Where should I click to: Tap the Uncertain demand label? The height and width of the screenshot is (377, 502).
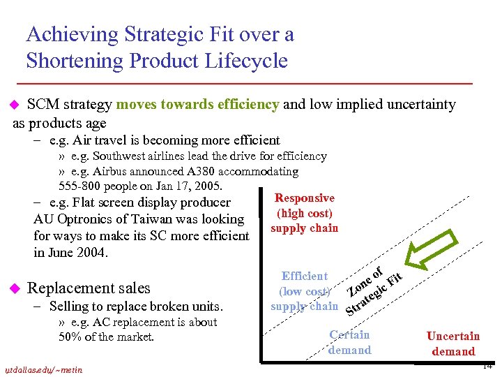tap(453, 343)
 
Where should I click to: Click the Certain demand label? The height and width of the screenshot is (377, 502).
tap(349, 342)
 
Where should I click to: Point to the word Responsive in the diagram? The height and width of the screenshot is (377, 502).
tap(305, 198)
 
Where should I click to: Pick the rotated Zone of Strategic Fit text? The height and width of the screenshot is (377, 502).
tap(375, 288)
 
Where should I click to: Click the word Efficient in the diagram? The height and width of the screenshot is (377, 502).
tap(304, 276)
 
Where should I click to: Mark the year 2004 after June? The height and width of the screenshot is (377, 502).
tap(93, 252)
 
